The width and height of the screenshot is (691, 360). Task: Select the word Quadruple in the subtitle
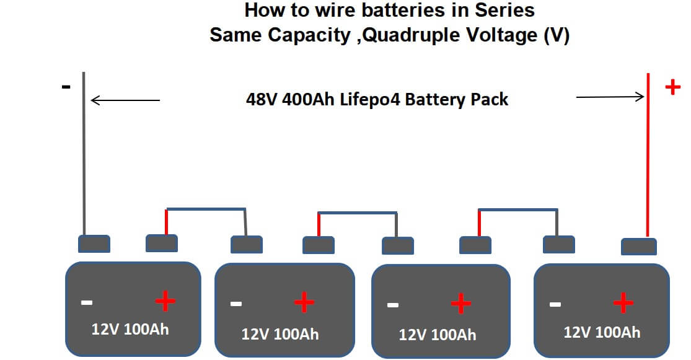pyautogui.click(x=403, y=35)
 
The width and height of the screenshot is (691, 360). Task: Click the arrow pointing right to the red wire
pyautogui.click(x=610, y=97)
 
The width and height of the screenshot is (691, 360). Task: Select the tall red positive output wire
pyautogui.click(x=648, y=155)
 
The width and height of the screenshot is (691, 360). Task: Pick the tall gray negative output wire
pyautogui.click(x=84, y=155)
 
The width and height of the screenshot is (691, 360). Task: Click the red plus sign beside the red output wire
pyautogui.click(x=672, y=87)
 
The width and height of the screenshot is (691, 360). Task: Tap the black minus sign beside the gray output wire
pyautogui.click(x=66, y=87)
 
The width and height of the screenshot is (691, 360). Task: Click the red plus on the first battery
pyautogui.click(x=165, y=302)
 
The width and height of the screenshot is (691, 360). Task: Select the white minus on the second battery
pyautogui.click(x=235, y=304)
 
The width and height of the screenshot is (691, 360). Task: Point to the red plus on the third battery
pyautogui.click(x=461, y=304)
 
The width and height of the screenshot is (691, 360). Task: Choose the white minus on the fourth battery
pyautogui.click(x=555, y=304)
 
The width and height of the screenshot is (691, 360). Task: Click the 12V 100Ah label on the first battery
pyautogui.click(x=130, y=328)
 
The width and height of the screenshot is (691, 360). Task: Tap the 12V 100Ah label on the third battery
pyautogui.click(x=438, y=335)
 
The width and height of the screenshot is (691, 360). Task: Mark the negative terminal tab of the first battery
pyautogui.click(x=94, y=244)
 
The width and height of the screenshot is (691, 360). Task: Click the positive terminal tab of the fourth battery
pyautogui.click(x=639, y=246)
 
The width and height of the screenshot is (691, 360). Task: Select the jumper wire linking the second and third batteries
pyautogui.click(x=358, y=214)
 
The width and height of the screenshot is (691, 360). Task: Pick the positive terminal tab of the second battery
pyautogui.click(x=319, y=245)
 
